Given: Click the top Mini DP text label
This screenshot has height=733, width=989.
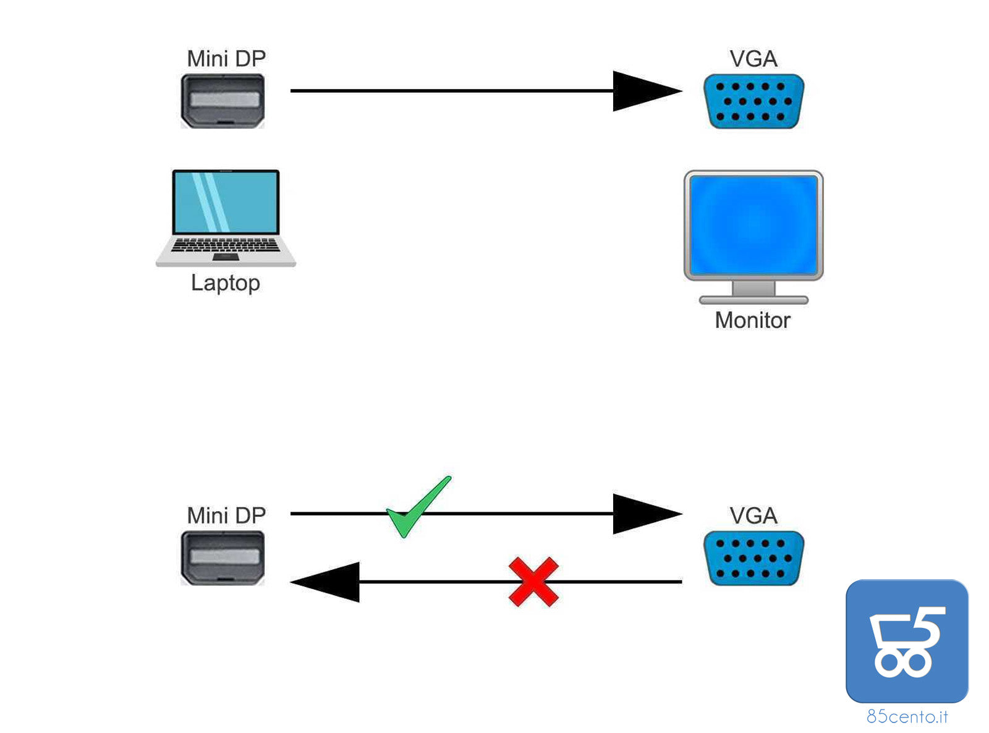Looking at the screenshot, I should (226, 59).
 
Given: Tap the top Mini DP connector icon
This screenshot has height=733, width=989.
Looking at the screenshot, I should (223, 101).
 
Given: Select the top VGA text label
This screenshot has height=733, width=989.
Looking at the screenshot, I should (753, 59).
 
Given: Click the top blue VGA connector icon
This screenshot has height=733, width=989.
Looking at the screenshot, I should (753, 101).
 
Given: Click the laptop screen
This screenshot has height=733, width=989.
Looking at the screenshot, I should (226, 202).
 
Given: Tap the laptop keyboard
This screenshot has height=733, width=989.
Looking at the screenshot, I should (226, 246).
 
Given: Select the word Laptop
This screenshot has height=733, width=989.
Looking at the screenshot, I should (226, 282).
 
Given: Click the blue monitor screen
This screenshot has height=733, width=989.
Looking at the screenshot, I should (753, 225).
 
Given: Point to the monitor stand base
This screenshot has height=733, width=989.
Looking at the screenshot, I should (753, 300).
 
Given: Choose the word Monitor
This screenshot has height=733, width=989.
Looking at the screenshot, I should (752, 320).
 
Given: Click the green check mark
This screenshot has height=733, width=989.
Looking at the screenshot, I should (417, 509).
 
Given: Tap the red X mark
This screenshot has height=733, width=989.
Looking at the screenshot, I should (533, 582).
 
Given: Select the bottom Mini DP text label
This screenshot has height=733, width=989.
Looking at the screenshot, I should (226, 515).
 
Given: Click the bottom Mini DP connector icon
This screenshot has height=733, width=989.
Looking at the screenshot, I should (223, 558).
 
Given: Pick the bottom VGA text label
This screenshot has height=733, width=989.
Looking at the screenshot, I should (753, 515).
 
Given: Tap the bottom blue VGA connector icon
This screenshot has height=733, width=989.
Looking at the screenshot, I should (753, 558).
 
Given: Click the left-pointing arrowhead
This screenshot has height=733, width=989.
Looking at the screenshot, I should (328, 582).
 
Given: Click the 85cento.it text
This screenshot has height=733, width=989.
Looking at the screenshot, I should (907, 716).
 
